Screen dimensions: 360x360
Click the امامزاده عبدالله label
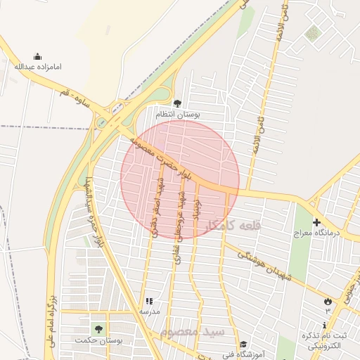(x=39, y=67)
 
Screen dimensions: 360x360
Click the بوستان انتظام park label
(x=177, y=113)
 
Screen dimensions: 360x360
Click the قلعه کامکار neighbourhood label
(x=233, y=226)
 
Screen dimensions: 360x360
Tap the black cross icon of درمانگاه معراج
(x=316, y=222)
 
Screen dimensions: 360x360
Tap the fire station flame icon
(x=328, y=302)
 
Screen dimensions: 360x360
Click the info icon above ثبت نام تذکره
(x=323, y=325)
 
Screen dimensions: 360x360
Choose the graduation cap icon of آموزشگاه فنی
(x=243, y=344)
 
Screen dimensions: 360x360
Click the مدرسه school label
(x=149, y=311)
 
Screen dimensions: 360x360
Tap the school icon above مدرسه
(x=148, y=302)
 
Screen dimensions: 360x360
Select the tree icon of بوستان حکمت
(x=97, y=328)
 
